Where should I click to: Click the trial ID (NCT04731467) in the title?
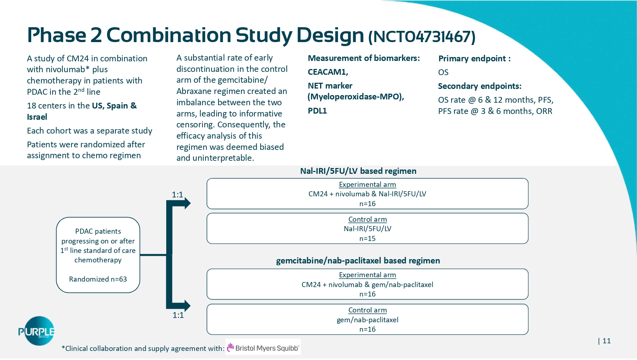[421, 37]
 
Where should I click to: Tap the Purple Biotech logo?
[36, 331]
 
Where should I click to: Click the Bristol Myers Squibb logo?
[263, 348]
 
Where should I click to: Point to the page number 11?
[607, 341]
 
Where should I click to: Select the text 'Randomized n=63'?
[98, 279]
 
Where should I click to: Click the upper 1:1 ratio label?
[177, 195]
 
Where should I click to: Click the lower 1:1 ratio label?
[178, 315]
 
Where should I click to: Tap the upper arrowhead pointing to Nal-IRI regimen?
[187, 203]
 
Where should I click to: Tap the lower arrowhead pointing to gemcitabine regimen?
[187, 306]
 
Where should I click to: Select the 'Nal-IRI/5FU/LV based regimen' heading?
[358, 171]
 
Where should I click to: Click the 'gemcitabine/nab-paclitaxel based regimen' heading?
[358, 261]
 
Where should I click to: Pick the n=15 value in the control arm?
[367, 238]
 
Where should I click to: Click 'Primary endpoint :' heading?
[474, 58]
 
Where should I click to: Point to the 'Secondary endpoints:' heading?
[479, 86]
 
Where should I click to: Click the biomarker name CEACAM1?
[328, 72]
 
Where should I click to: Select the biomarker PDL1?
[317, 111]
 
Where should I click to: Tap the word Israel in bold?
[37, 117]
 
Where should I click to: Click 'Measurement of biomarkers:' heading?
[364, 58]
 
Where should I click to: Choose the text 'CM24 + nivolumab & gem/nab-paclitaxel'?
[367, 285]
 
